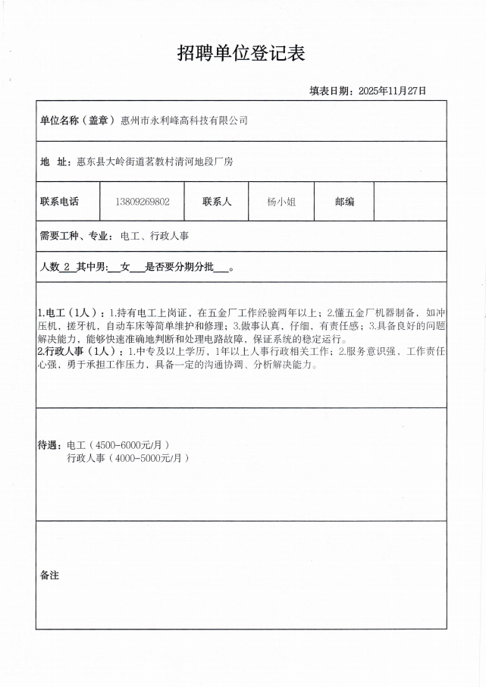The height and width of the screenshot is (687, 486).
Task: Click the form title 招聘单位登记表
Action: coord(241,53)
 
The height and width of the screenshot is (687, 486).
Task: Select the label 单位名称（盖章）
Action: coord(77,121)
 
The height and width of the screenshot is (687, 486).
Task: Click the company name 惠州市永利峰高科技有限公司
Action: coord(184,121)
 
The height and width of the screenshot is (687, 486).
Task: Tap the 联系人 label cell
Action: coord(217,202)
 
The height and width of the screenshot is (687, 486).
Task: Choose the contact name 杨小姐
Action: coord(281,202)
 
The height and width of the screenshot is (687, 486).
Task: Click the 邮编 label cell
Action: coord(343,202)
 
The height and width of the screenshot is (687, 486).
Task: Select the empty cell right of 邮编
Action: coord(409,202)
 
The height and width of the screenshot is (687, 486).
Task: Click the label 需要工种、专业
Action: coord(76,236)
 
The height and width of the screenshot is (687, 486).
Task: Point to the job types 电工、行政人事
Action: coord(155,236)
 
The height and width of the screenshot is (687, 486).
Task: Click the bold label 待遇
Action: coord(50,444)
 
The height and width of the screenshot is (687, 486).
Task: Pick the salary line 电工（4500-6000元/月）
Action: coord(118,445)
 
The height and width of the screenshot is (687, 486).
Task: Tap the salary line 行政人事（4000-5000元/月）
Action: coord(127,458)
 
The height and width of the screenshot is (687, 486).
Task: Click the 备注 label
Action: coord(49,576)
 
